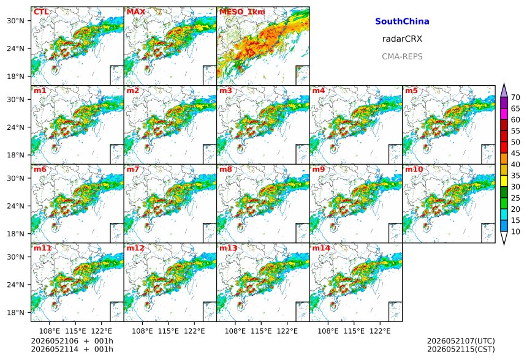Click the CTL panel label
tap(41, 12)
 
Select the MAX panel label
tap(136, 12)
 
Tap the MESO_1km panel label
tap(242, 12)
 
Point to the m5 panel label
tap(411, 91)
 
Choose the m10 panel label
tap(414, 169)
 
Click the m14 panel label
tap(321, 248)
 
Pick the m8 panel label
tap(226, 169)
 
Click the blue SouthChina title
tap(402, 21)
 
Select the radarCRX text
tap(402, 39)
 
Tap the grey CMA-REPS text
tap(402, 56)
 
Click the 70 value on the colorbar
tap(515, 97)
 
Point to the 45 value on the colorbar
tap(515, 154)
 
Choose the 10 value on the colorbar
tap(515, 231)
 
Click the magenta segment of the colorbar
tap(504, 114)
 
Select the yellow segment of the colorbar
tap(504, 181)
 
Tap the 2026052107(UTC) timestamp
tap(461, 341)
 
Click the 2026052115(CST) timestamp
tap(461, 350)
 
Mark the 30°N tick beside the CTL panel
tap(15, 21)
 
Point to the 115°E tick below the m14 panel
tap(354, 331)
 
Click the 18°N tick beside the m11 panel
tap(15, 313)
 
